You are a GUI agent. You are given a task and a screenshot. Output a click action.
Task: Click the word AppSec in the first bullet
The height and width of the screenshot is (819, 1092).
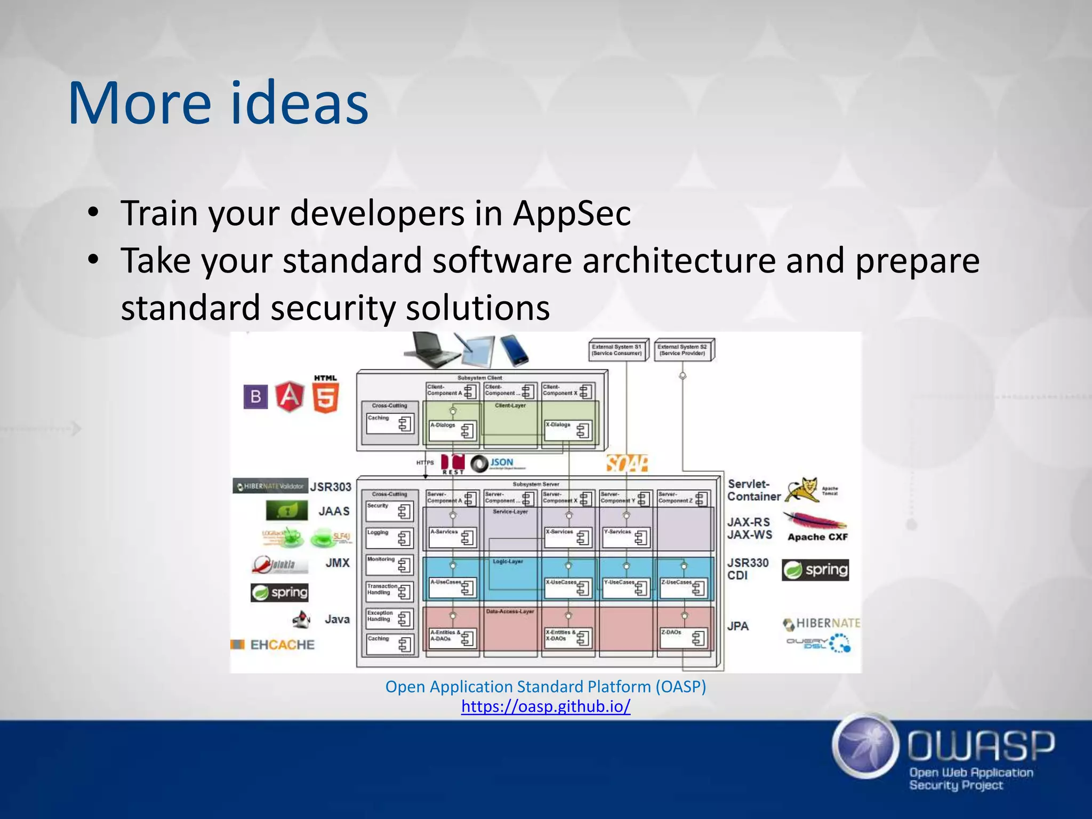point(572,213)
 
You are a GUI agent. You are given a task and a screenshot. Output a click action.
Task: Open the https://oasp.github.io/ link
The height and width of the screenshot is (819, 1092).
point(545,706)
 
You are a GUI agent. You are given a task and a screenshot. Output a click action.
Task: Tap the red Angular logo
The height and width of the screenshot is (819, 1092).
point(290,397)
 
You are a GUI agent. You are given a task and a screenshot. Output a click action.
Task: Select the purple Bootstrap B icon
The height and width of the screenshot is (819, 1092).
point(255,397)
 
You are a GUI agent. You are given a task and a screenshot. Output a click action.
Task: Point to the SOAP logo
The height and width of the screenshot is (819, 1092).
point(627,463)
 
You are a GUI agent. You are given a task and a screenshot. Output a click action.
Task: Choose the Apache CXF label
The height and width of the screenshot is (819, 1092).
point(817,537)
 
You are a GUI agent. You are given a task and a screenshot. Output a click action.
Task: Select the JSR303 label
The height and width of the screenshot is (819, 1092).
point(331,487)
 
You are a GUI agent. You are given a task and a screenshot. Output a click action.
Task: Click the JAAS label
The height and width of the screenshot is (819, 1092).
point(334,511)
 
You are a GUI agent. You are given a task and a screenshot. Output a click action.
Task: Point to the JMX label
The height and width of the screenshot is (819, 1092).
point(338,563)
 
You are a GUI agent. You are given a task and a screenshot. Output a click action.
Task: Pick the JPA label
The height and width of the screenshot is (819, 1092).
point(738,626)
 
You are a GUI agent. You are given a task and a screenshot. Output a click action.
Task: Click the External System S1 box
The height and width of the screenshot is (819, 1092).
point(617,350)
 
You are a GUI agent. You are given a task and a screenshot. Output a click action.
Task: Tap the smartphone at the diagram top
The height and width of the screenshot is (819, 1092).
point(513,350)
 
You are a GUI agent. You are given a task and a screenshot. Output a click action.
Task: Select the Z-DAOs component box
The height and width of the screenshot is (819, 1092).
point(684,637)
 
